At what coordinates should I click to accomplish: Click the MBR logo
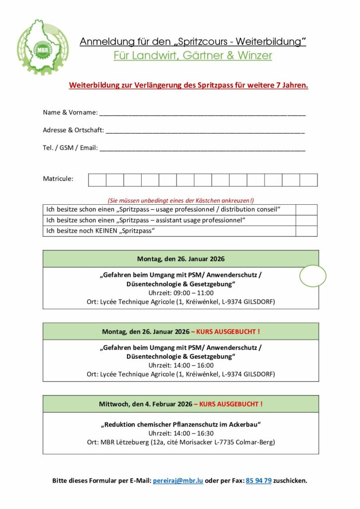coord(42,47)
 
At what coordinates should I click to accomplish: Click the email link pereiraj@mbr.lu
coord(178,481)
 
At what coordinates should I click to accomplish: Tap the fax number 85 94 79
coord(259,481)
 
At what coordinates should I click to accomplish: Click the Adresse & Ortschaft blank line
coord(205,131)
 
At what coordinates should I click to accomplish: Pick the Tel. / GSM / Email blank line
coord(202,149)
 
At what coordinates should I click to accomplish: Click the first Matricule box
coord(97,180)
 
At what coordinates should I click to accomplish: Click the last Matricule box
coord(308,180)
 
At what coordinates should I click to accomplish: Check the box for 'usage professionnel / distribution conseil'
coord(306,210)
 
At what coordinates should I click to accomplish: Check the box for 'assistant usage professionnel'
coord(306,220)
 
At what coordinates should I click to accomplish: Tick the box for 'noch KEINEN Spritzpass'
coord(306,231)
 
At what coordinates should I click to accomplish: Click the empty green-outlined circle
coord(313,276)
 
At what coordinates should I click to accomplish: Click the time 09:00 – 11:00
coord(180,293)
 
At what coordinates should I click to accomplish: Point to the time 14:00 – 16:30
coord(180,433)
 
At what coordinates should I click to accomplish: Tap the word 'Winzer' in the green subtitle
coord(255,56)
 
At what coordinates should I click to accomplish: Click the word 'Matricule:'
coord(58,178)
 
